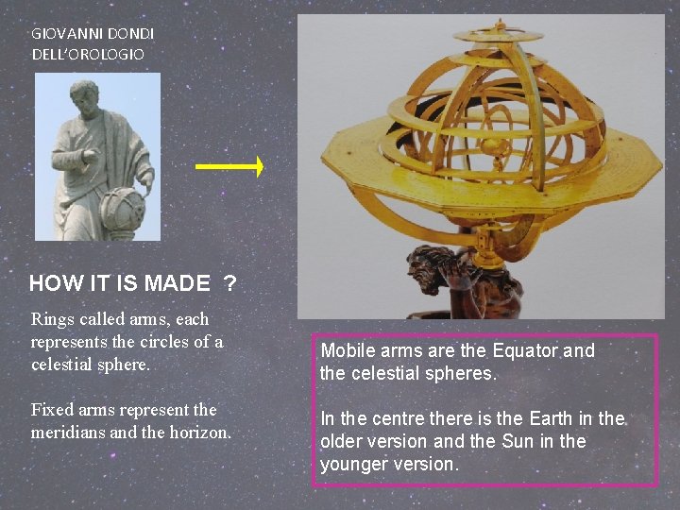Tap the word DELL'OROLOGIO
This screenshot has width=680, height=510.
[88, 54]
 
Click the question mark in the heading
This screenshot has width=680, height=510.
[229, 282]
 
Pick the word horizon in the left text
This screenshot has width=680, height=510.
[204, 433]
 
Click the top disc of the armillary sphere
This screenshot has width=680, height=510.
[497, 36]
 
